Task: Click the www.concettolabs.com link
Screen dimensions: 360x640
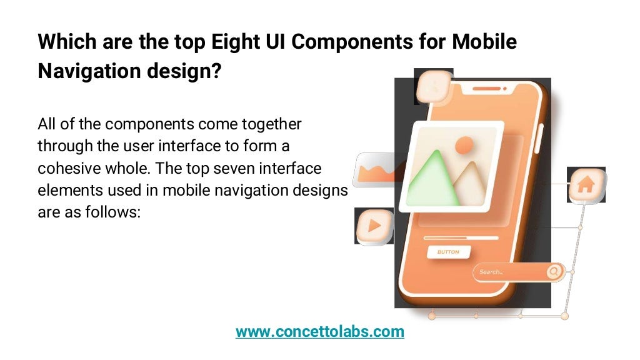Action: pyautogui.click(x=319, y=331)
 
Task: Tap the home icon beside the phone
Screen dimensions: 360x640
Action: pyautogui.click(x=586, y=185)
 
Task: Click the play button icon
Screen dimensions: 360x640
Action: pyautogui.click(x=374, y=226)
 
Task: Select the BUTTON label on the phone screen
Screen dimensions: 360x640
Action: pyautogui.click(x=447, y=252)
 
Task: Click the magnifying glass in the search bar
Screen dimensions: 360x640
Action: pyautogui.click(x=554, y=272)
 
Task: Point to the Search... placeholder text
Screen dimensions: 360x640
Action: pyautogui.click(x=491, y=272)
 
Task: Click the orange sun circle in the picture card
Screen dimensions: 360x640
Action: pyautogui.click(x=464, y=146)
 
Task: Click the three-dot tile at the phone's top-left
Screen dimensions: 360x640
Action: pyautogui.click(x=432, y=87)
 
